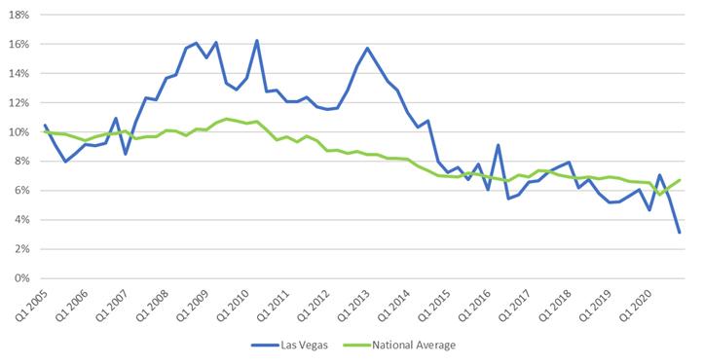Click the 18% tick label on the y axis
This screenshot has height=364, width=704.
(x=18, y=16)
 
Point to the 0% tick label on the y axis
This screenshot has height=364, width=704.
(x=19, y=278)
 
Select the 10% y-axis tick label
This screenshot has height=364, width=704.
(x=18, y=132)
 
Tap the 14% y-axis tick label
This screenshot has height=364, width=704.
(x=18, y=74)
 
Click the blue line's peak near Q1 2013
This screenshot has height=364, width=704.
(x=367, y=48)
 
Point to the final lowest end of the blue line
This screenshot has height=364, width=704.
(x=679, y=233)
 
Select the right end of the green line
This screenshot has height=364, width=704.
(x=679, y=180)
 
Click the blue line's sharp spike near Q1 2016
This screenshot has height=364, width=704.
(x=499, y=145)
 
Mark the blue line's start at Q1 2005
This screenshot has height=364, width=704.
(x=45, y=126)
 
